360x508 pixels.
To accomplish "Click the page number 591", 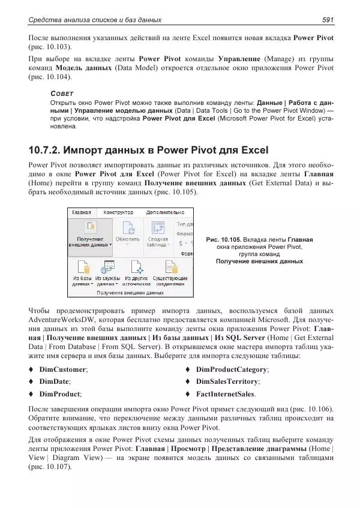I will click(x=327, y=20).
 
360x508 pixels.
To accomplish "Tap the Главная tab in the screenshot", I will click(x=82, y=212).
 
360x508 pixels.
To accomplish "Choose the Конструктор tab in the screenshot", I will click(x=118, y=212).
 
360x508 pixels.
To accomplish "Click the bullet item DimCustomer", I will click(x=63, y=369).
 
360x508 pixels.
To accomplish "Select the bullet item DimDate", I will click(x=54, y=381).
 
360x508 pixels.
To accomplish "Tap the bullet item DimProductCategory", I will click(x=232, y=369).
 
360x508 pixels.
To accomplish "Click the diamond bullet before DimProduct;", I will click(x=31, y=394).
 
